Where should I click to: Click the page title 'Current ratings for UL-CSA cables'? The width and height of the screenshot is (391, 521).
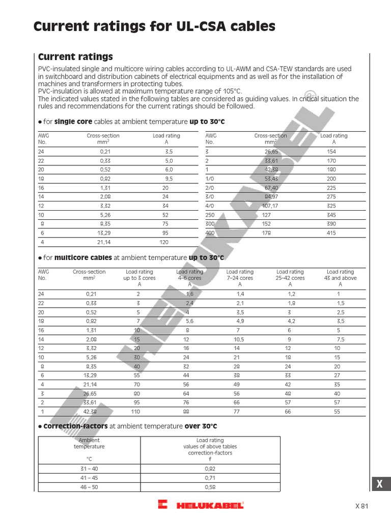[x=154, y=26]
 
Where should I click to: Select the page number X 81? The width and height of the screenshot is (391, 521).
[x=361, y=506]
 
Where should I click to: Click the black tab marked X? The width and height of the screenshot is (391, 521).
[x=379, y=485]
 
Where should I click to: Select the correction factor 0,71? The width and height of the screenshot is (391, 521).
[x=210, y=478]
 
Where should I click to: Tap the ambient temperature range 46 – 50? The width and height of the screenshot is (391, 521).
[x=89, y=487]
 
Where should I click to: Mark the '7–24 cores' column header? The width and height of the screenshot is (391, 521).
[x=239, y=278]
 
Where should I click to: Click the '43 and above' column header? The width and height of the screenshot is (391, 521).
[x=340, y=278]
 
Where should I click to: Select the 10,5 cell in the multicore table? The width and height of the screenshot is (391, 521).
[x=239, y=339]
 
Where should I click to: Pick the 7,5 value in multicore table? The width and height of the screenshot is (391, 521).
[x=340, y=339]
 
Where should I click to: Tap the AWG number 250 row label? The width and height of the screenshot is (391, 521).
[x=210, y=215]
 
